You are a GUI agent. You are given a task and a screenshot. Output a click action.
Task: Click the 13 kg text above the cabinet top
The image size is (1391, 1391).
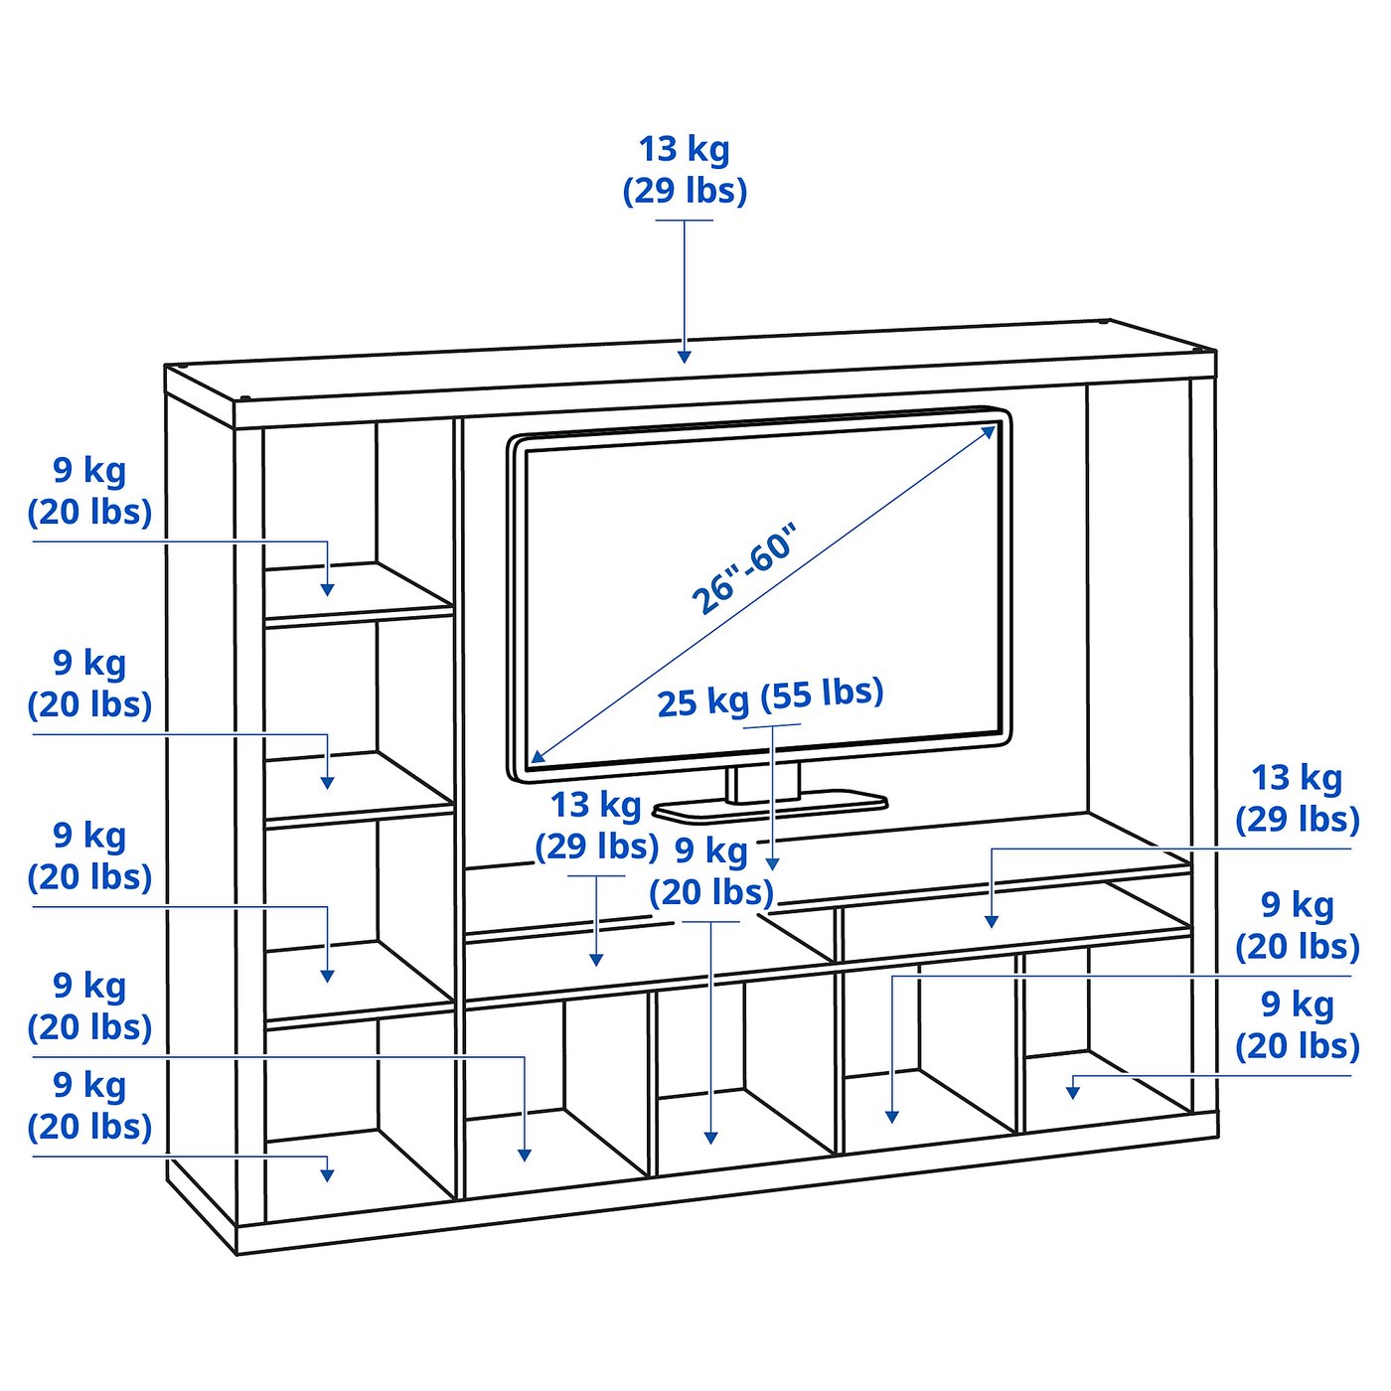(x=684, y=150)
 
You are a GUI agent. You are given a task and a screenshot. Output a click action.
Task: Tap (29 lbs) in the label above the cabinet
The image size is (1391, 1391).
(x=685, y=192)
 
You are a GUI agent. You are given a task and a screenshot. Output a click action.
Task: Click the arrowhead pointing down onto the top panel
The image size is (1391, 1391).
(x=685, y=356)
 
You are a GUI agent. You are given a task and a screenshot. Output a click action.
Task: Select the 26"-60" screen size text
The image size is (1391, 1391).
(x=743, y=568)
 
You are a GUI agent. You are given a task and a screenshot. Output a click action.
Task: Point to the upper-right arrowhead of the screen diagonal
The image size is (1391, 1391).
(x=989, y=432)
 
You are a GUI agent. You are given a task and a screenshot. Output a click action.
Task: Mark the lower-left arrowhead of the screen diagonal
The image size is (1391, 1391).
(x=539, y=756)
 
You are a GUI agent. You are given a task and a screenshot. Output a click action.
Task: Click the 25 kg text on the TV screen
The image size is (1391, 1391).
(x=703, y=702)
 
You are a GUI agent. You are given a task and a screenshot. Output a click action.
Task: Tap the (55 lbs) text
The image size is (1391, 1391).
(x=823, y=693)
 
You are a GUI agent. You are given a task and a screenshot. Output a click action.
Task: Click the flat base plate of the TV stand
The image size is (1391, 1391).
(x=770, y=807)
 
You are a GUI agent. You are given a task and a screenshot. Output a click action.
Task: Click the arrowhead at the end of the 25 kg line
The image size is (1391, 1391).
(x=772, y=864)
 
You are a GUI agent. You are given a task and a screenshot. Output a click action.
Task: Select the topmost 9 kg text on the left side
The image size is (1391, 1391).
(x=89, y=471)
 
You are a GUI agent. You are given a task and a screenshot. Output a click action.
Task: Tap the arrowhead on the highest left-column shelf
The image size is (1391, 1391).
(x=328, y=589)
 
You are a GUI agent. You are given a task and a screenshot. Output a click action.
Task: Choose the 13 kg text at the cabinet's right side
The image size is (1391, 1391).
(x=1297, y=778)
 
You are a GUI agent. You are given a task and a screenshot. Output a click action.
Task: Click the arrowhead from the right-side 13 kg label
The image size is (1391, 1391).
(x=992, y=921)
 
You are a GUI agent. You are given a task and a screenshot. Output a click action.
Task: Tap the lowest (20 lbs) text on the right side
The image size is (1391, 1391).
(x=1298, y=1045)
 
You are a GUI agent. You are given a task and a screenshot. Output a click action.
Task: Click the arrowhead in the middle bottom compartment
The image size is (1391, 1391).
(x=711, y=1138)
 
